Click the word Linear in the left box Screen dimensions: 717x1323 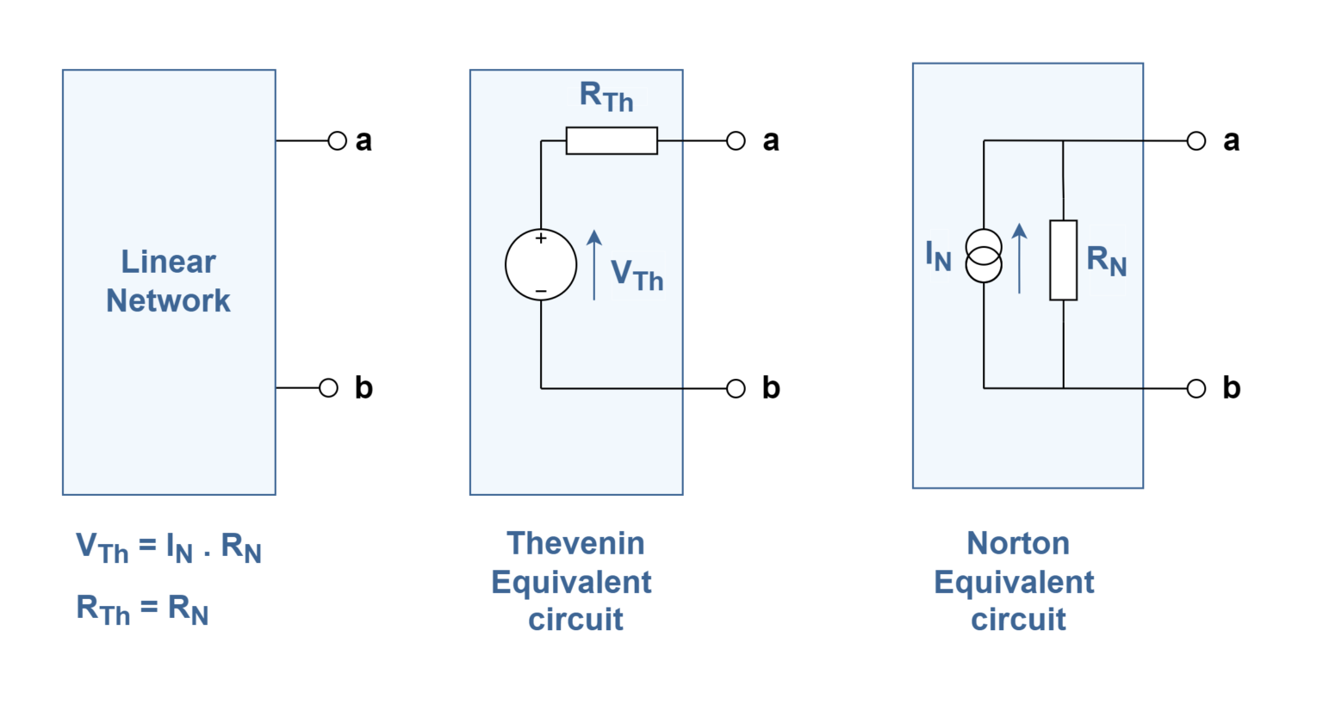(168, 262)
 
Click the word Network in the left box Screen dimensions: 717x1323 (168, 300)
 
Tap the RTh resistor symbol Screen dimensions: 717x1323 (612, 140)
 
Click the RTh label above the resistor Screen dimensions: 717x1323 (606, 96)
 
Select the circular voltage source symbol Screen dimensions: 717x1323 (541, 264)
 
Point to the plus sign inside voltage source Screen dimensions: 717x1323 (541, 238)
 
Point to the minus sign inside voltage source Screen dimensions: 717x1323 (541, 292)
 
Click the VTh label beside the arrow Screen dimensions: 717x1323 (637, 275)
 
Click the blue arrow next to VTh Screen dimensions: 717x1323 (594, 264)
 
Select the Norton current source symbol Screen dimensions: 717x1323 (984, 257)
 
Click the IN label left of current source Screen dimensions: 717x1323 (938, 256)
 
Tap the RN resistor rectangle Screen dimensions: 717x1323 (1063, 260)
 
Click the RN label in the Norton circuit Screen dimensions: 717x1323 (1107, 260)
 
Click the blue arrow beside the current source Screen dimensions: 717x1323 (1020, 257)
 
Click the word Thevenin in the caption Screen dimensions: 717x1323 (575, 543)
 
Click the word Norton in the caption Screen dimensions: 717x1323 (1018, 543)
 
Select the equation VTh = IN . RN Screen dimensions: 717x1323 (168, 547)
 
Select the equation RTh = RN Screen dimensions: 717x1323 (142, 609)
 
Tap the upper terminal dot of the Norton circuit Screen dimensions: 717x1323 (1196, 141)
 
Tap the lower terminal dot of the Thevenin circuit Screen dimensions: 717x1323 (736, 388)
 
